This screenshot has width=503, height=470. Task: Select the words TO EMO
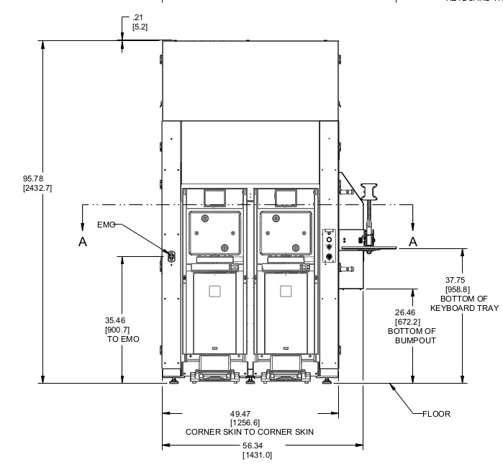[x=122, y=338]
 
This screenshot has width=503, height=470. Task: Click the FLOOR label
[x=435, y=414]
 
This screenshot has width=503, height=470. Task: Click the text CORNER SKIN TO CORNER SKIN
[x=250, y=432]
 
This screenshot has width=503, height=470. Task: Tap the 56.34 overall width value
[x=250, y=446]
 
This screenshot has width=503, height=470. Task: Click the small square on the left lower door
[x=214, y=291]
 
